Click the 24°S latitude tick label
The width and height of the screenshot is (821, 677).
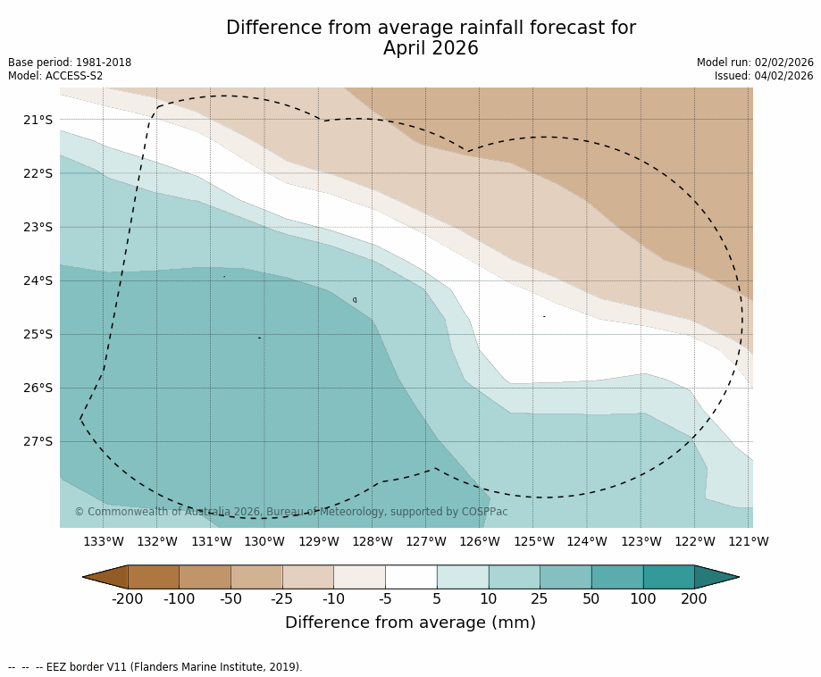point(38,280)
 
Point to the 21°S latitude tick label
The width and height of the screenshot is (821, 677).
point(38,120)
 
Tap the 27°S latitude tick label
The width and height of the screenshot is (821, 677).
point(38,441)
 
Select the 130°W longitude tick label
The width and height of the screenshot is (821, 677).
point(264,541)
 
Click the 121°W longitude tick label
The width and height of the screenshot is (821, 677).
point(749,541)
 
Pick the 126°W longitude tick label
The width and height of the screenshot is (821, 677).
point(480,541)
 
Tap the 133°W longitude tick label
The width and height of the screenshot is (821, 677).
point(104,541)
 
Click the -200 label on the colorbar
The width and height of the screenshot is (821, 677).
point(127,598)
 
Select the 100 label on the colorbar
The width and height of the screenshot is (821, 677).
point(642,598)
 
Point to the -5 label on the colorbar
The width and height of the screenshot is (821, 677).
point(385,598)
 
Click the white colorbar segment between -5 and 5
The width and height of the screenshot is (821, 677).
point(411,577)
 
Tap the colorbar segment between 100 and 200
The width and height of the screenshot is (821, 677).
point(668,577)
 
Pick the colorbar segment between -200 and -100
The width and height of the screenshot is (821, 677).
point(154,577)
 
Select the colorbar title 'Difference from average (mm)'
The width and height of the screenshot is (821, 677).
point(410,623)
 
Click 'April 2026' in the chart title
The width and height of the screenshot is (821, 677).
point(431,49)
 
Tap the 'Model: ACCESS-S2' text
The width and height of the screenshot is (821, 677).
point(55,76)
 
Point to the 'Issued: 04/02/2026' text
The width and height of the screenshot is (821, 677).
point(764,76)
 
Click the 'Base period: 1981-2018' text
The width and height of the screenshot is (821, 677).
point(70,63)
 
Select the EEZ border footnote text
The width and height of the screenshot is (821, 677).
point(155,667)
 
